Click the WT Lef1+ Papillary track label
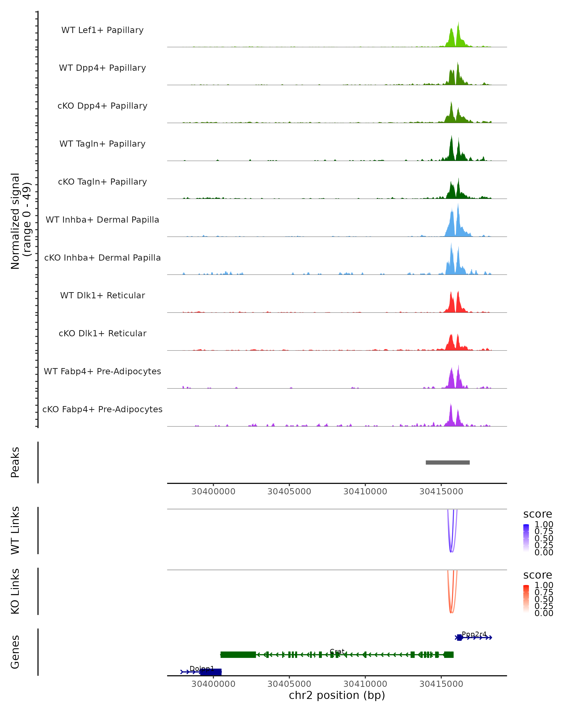(x=102, y=30)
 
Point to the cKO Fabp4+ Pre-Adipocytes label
(x=102, y=409)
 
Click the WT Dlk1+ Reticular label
(x=102, y=295)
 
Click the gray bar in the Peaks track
(x=447, y=462)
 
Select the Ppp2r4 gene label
(x=474, y=634)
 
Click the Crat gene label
(x=337, y=651)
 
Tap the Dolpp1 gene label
(x=202, y=668)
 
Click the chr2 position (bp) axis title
(x=337, y=695)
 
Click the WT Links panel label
(x=15, y=530)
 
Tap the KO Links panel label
(x=15, y=591)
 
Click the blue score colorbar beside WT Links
(x=526, y=538)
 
